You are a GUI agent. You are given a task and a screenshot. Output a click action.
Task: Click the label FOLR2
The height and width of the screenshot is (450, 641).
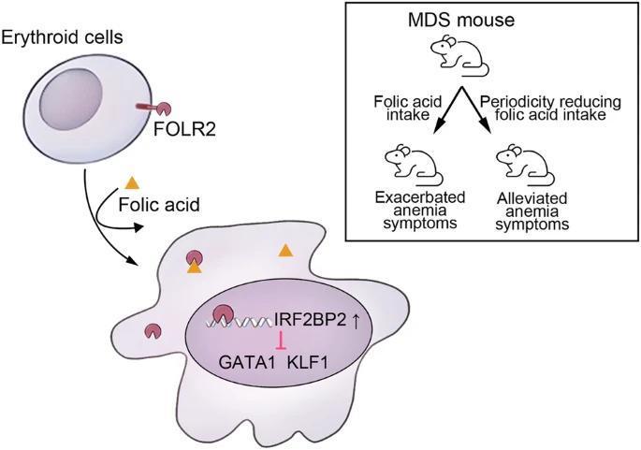[x=184, y=129]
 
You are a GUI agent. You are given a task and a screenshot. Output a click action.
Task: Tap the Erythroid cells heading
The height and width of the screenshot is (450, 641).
[x=62, y=37]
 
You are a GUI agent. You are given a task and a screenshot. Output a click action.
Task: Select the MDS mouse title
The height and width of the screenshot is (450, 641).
[x=461, y=20]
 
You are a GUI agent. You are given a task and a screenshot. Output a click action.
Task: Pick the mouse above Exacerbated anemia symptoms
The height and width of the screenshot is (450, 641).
[x=415, y=164]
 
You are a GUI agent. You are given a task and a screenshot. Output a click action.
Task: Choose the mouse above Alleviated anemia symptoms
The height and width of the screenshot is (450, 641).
[x=525, y=164]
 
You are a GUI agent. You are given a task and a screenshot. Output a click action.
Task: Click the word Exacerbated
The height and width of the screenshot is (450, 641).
[x=420, y=197]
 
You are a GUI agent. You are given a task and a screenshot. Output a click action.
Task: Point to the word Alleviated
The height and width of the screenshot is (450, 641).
[x=532, y=198]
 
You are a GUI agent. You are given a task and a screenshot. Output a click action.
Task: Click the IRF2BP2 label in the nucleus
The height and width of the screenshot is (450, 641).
[x=311, y=320]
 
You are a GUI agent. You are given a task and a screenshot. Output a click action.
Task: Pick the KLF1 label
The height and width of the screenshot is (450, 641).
[x=308, y=362]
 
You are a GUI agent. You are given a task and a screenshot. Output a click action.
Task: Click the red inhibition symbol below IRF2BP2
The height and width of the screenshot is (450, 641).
[x=281, y=341]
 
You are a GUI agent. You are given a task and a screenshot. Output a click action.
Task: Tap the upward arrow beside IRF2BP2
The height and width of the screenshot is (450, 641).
[x=356, y=321]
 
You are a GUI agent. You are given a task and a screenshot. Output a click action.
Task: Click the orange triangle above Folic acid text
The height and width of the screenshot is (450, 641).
[x=132, y=182]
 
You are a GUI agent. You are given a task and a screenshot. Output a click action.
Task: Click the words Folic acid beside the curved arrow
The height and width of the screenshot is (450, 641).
[x=159, y=204]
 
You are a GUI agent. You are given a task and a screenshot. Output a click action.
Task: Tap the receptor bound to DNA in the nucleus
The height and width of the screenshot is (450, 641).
[x=223, y=314]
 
